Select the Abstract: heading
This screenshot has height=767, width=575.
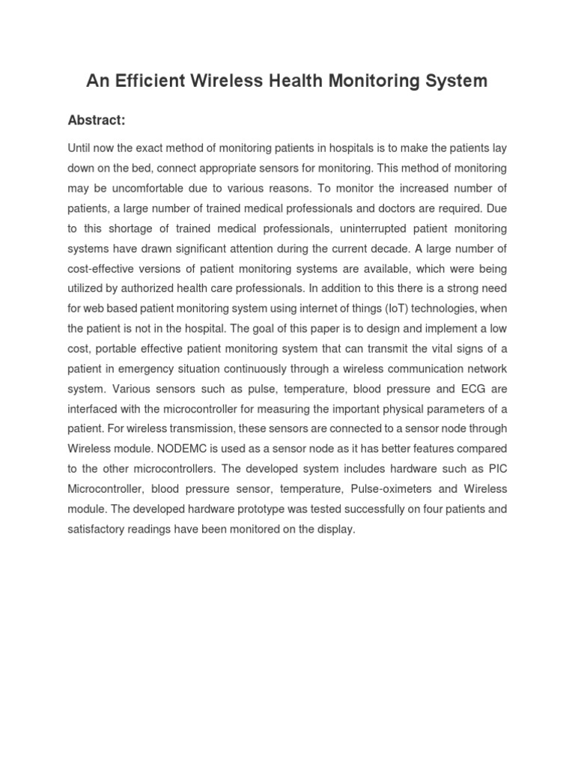[97, 120]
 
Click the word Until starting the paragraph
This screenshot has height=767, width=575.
[81, 148]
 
